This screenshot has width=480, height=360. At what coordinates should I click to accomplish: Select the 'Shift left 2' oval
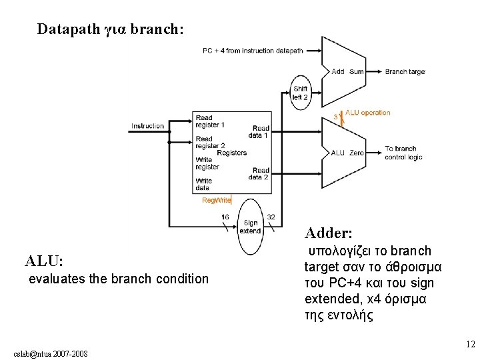[301, 93]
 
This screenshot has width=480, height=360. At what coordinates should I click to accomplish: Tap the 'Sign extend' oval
[251, 227]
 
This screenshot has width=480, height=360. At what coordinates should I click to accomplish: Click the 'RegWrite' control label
[217, 200]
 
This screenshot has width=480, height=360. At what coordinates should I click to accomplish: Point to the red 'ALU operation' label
[367, 113]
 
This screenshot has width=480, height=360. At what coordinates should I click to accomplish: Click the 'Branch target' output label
[405, 71]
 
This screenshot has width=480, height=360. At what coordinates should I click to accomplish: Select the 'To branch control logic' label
[403, 153]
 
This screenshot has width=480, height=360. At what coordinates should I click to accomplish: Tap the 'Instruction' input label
[147, 126]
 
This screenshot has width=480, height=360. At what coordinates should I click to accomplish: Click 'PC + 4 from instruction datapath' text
[253, 51]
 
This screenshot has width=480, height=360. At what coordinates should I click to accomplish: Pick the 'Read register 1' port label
[210, 121]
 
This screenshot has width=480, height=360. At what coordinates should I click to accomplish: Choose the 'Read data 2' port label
[259, 173]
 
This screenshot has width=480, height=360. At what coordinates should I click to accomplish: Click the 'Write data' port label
[204, 184]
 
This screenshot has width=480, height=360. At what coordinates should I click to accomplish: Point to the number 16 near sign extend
[225, 217]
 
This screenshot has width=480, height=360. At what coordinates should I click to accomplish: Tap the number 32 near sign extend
[271, 217]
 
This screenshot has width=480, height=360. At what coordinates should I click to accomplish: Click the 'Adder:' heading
[329, 233]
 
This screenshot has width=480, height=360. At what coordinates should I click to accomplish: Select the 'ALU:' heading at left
[44, 260]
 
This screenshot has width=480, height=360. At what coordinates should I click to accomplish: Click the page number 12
[470, 345]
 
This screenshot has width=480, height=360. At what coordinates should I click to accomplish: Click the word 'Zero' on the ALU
[357, 153]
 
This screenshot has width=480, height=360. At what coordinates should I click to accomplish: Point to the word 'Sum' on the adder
[357, 71]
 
